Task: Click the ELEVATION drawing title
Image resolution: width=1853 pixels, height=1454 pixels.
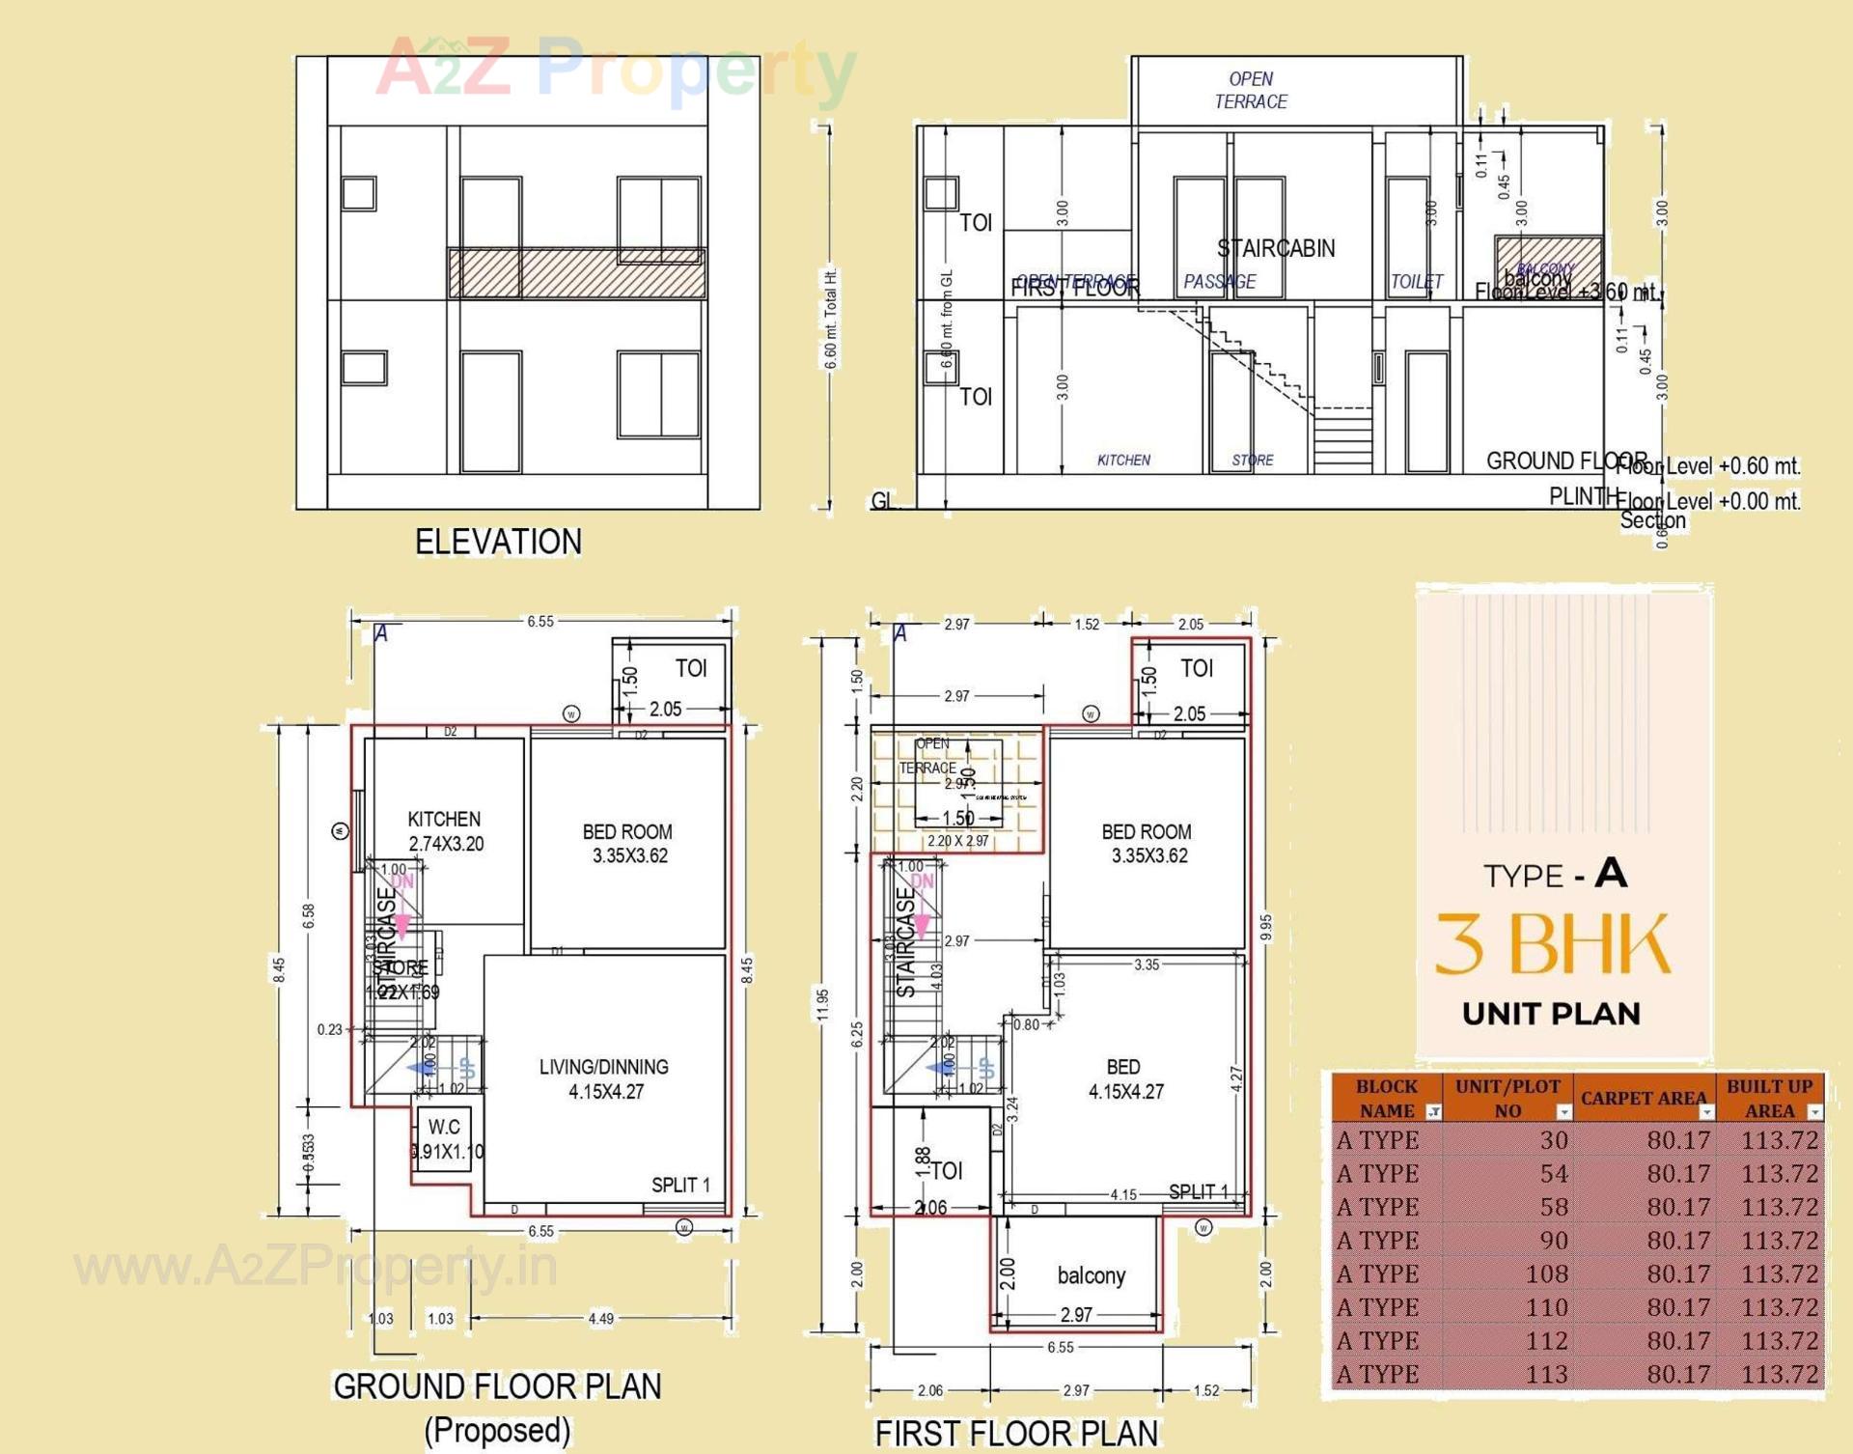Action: pyautogui.click(x=498, y=542)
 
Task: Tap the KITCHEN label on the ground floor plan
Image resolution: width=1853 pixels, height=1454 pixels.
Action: pyautogui.click(x=444, y=819)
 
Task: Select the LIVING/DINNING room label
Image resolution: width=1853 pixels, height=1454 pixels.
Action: pyautogui.click(x=604, y=1067)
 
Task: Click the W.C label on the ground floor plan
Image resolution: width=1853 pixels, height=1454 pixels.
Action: pyautogui.click(x=444, y=1127)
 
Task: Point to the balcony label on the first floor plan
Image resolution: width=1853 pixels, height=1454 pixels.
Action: pyautogui.click(x=1092, y=1275)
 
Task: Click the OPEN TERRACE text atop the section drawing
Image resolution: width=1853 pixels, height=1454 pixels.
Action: pyautogui.click(x=1251, y=90)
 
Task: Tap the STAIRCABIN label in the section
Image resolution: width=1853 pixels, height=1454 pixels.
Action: pyautogui.click(x=1276, y=248)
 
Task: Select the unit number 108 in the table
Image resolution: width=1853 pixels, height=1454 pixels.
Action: pyautogui.click(x=1546, y=1273)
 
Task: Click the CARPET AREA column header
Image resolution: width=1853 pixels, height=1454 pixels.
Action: pyautogui.click(x=1643, y=1098)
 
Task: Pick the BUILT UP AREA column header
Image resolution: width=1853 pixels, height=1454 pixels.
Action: pyautogui.click(x=1769, y=1098)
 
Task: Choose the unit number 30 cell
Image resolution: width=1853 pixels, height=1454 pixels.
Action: pyautogui.click(x=1553, y=1140)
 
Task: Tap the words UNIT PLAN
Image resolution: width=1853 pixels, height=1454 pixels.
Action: pyautogui.click(x=1551, y=1014)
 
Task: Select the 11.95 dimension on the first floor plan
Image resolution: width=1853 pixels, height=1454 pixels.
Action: pyautogui.click(x=822, y=1004)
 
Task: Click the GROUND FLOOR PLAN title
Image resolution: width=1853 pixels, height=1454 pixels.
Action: pyautogui.click(x=497, y=1386)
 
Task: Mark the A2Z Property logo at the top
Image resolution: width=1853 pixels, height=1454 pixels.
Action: pyautogui.click(x=616, y=68)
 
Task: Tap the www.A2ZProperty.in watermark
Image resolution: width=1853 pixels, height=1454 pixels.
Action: pyautogui.click(x=316, y=1266)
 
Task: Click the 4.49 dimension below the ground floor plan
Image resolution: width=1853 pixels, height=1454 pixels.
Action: pyautogui.click(x=600, y=1318)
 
